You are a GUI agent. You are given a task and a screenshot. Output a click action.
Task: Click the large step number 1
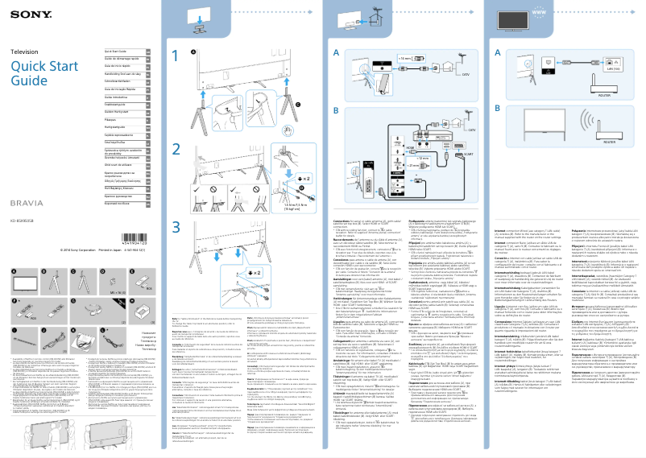[x=177, y=56]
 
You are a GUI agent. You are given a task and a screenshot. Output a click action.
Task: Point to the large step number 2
[x=177, y=148]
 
